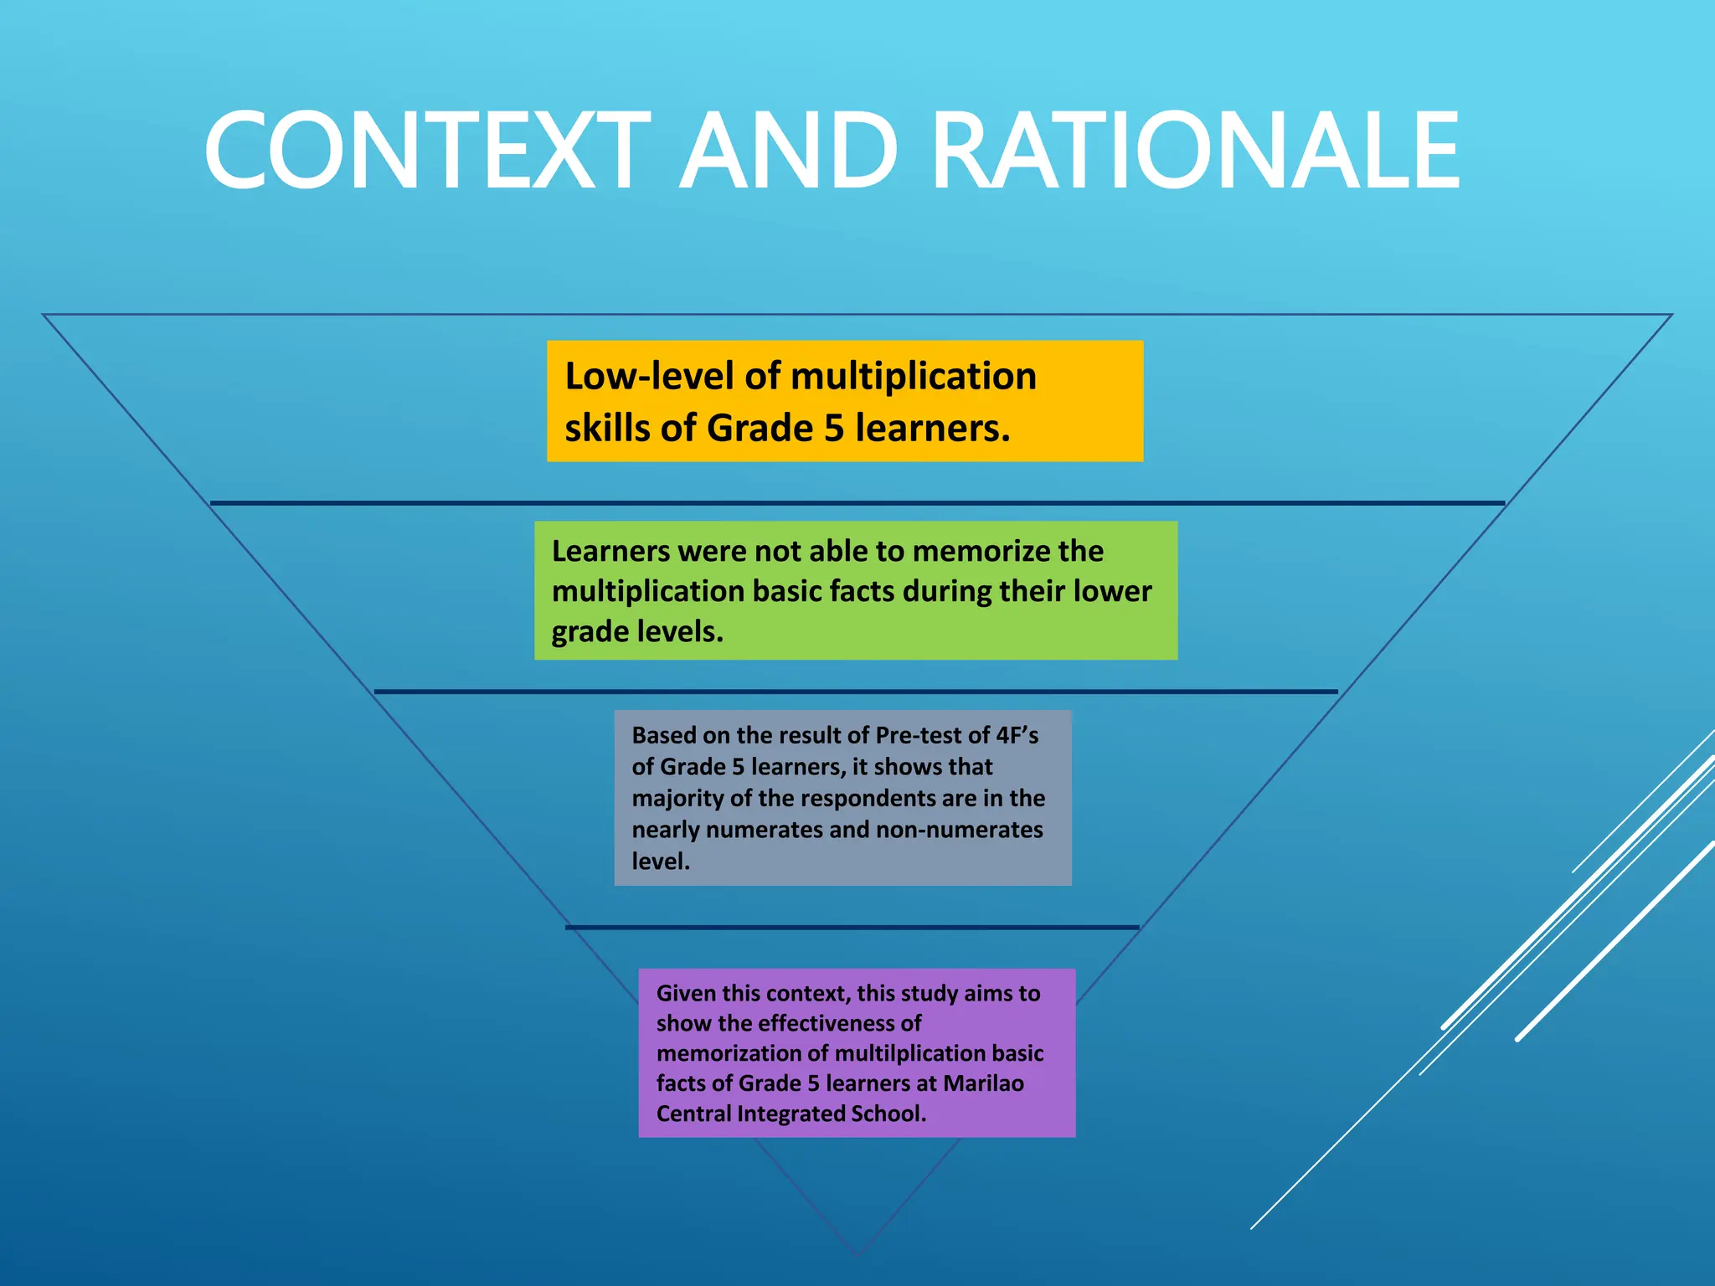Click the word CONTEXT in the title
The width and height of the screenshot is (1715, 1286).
(x=427, y=152)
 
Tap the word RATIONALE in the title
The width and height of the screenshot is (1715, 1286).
(x=1196, y=152)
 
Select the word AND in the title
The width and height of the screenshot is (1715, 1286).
(x=788, y=152)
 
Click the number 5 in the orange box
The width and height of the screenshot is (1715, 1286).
(x=833, y=429)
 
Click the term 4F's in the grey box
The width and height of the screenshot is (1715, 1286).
(x=1017, y=735)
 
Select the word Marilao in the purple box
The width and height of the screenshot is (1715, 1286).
(x=983, y=1083)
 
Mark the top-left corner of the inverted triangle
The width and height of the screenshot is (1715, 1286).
(x=44, y=315)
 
